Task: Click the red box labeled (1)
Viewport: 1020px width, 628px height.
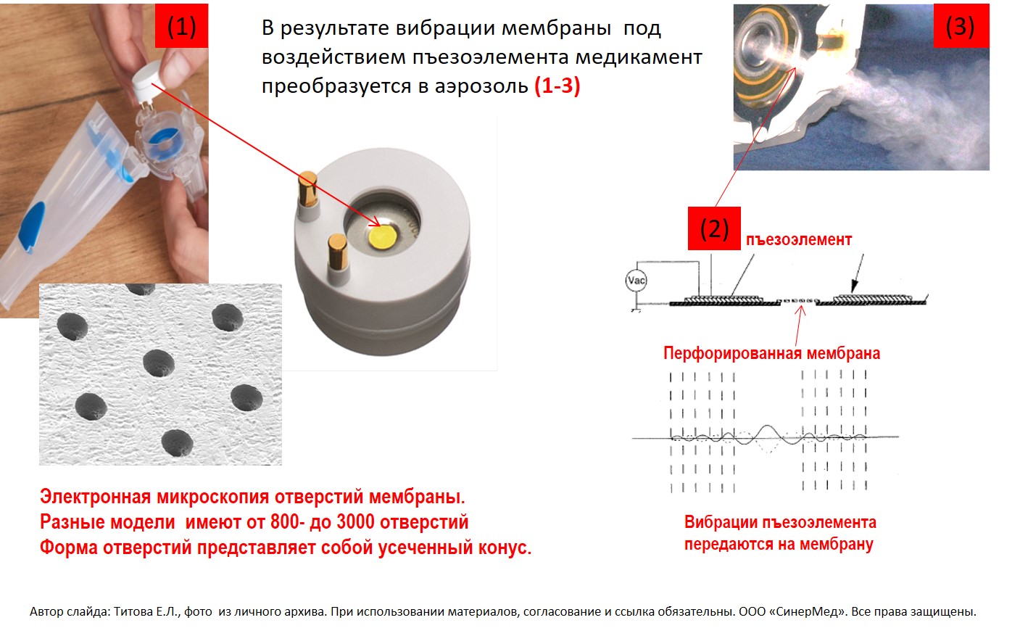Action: click(x=181, y=26)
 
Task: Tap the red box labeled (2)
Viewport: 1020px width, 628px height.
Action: click(x=714, y=228)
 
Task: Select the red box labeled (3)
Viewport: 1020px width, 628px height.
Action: click(x=961, y=26)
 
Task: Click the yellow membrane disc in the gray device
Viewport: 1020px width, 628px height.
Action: click(x=382, y=238)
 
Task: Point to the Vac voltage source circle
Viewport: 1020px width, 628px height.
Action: click(x=636, y=280)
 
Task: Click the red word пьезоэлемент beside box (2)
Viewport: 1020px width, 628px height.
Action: click(x=799, y=240)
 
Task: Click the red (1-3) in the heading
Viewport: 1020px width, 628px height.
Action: click(x=557, y=85)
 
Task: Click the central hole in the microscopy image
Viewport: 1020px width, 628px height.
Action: click(x=159, y=363)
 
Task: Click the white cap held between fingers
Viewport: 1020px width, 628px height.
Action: click(x=148, y=83)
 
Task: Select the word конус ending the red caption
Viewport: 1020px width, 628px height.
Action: click(x=505, y=548)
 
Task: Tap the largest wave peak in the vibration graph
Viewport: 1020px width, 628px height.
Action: click(x=767, y=427)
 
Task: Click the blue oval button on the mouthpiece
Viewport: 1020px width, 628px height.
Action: click(x=32, y=226)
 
